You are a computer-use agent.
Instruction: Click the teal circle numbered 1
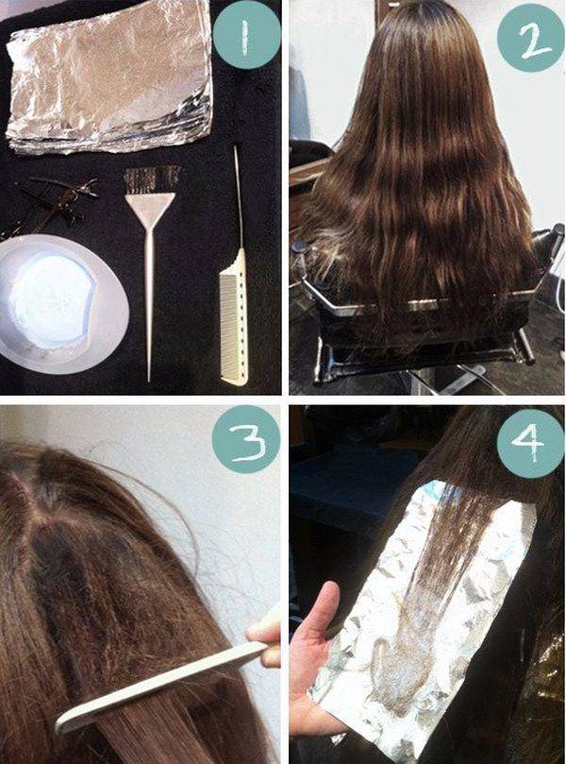[x=247, y=35]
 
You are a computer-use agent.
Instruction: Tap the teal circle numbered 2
[x=530, y=39]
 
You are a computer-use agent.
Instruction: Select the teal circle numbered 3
[x=246, y=439]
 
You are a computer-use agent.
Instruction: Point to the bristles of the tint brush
[x=152, y=180]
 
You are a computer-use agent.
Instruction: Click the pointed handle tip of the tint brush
[x=149, y=379]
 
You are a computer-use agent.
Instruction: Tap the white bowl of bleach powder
[x=62, y=303]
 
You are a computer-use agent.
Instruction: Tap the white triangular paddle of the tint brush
[x=150, y=211]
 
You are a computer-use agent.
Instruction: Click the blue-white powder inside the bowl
[x=53, y=300]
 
